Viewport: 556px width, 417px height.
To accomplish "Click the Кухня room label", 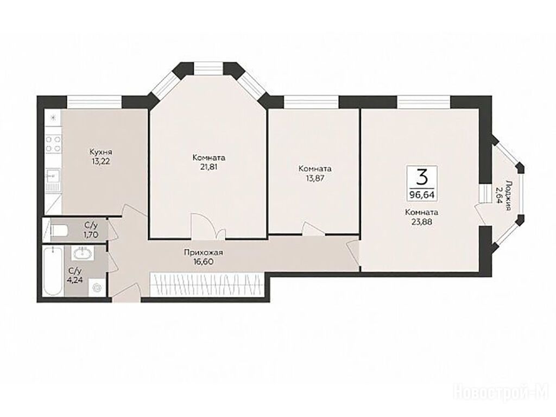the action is tap(101, 152).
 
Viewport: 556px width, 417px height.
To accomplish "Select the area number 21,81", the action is tap(209, 167).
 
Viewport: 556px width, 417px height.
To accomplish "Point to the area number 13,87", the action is tap(315, 178).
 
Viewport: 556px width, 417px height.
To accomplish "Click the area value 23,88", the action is tap(422, 223).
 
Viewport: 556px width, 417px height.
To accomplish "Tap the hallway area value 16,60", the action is tap(203, 262).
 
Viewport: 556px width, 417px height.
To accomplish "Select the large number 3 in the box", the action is tap(421, 177).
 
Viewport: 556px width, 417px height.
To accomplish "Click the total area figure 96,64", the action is tap(422, 195).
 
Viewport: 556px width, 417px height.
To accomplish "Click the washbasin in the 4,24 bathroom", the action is tap(83, 253).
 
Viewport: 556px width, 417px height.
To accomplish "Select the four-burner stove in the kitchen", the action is tap(54, 144).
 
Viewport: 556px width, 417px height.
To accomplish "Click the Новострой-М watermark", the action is tap(500, 393).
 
